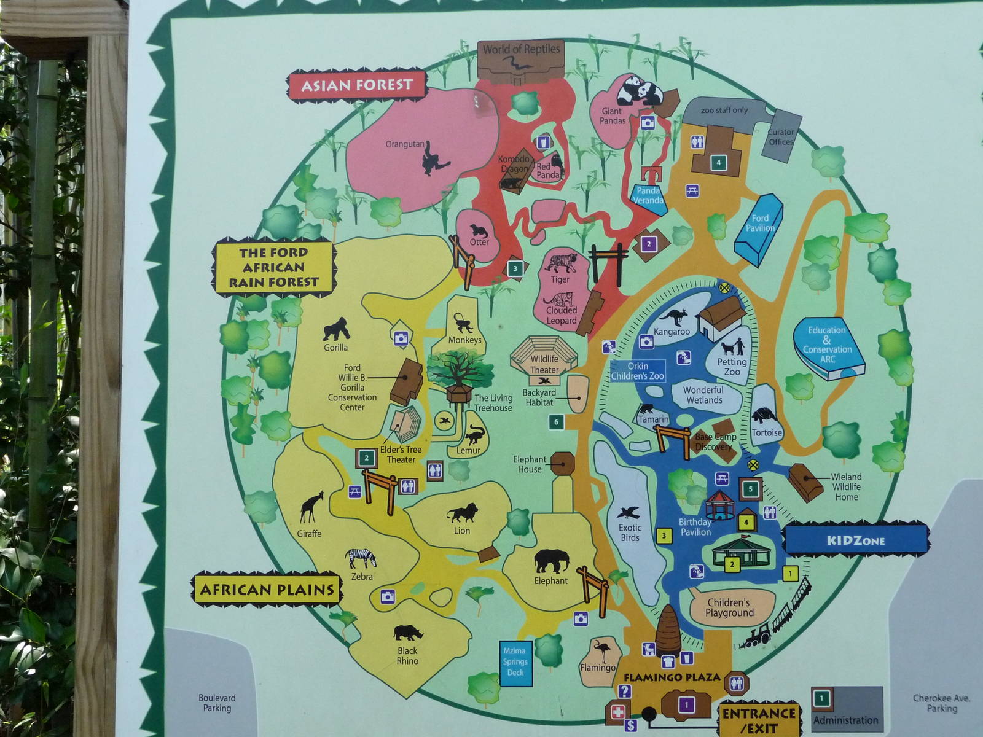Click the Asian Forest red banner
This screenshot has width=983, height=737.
(357, 85)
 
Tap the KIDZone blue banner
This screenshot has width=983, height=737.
(856, 540)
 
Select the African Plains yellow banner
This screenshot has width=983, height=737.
(267, 590)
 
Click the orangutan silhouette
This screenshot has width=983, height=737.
(434, 159)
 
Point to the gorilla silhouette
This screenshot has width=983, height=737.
(336, 329)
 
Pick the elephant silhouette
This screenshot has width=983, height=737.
(552, 561)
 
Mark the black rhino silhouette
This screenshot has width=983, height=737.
(406, 632)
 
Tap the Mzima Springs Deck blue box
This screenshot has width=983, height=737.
(515, 661)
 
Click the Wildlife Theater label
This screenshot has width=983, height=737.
(544, 364)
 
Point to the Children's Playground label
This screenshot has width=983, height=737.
(729, 607)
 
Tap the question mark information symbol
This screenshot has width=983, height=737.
(625, 692)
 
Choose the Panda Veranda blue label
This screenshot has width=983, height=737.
(649, 196)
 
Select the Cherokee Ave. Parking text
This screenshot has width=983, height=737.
(941, 703)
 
